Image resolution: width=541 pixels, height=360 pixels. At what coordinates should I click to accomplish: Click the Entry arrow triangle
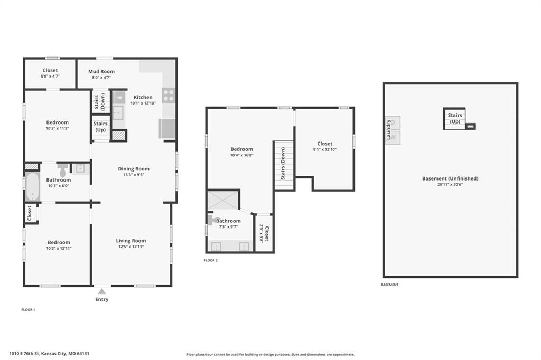click(102, 291)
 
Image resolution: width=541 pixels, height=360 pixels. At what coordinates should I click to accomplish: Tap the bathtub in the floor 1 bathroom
click(33, 186)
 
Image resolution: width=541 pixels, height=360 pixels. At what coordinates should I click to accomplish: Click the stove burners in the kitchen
click(169, 96)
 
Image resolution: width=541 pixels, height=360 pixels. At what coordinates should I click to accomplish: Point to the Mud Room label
click(101, 71)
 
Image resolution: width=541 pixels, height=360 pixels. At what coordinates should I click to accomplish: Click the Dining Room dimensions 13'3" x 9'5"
click(134, 175)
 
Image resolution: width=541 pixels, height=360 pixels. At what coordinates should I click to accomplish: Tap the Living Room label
click(131, 241)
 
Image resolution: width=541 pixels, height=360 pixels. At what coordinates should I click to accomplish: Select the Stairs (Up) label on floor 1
click(100, 127)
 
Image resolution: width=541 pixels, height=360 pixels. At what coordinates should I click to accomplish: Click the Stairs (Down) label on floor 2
click(283, 164)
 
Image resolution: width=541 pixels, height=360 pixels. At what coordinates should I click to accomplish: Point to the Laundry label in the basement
click(389, 130)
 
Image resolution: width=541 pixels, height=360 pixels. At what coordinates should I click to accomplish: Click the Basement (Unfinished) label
click(450, 178)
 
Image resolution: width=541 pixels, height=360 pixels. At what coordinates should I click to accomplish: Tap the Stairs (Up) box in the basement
click(454, 119)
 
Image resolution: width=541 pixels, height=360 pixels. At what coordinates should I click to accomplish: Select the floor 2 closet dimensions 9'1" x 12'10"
click(325, 150)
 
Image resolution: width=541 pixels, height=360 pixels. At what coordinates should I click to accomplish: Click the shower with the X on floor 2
click(223, 200)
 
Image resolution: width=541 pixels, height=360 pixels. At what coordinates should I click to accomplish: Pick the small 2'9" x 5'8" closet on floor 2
click(264, 233)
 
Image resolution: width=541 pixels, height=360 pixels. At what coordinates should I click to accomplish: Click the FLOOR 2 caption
click(210, 260)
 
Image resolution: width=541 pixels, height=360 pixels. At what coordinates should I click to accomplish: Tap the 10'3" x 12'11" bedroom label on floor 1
click(59, 245)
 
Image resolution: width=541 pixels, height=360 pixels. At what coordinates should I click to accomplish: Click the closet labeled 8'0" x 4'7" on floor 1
click(50, 73)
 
